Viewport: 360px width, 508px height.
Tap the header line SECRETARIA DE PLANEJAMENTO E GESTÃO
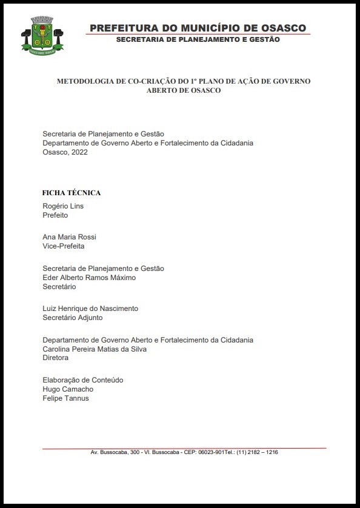pyautogui.click(x=198, y=39)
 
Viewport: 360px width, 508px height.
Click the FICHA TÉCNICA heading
pyautogui.click(x=71, y=193)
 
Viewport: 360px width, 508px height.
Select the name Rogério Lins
pyautogui.click(x=63, y=206)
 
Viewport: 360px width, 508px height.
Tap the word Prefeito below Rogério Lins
pyautogui.click(x=55, y=215)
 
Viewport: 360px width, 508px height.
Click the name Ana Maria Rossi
pyautogui.click(x=69, y=237)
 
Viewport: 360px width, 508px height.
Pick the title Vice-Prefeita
pyautogui.click(x=63, y=246)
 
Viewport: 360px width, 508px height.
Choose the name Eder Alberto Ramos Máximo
pyautogui.click(x=89, y=278)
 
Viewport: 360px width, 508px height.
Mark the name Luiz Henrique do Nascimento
pyautogui.click(x=90, y=309)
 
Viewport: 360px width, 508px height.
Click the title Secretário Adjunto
pyautogui.click(x=72, y=318)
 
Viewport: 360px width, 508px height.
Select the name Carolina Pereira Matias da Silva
pyautogui.click(x=95, y=349)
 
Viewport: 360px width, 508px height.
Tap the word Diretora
pyautogui.click(x=55, y=358)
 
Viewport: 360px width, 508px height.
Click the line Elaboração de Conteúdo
pyautogui.click(x=82, y=380)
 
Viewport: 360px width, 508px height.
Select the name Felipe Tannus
pyautogui.click(x=65, y=398)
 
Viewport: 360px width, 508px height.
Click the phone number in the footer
pyautogui.click(x=257, y=452)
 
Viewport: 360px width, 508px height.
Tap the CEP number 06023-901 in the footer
pyautogui.click(x=211, y=452)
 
